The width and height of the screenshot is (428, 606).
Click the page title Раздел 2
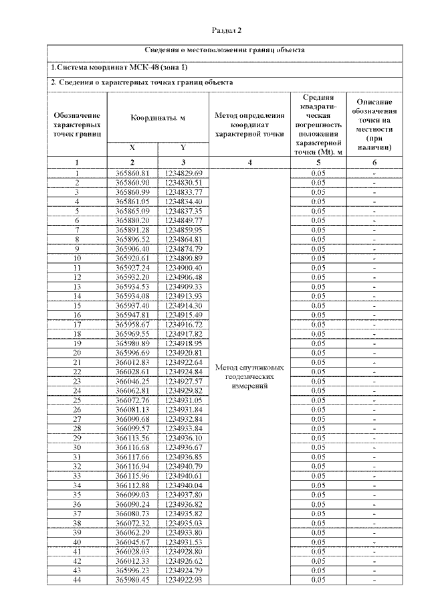[226, 30]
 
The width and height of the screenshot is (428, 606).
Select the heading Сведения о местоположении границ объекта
[225, 50]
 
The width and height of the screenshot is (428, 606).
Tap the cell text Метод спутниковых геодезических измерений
[249, 377]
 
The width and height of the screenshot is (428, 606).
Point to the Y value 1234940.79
[183, 465]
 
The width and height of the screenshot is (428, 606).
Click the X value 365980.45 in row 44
[132, 579]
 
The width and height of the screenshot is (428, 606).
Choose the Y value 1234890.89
[183, 258]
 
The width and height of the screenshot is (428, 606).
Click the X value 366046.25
[132, 381]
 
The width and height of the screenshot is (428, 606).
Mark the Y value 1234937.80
[183, 494]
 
